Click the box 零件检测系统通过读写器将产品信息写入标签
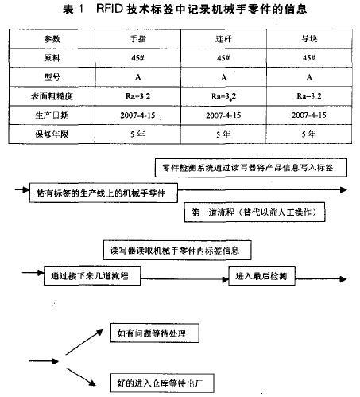pyautogui.click(x=252, y=168)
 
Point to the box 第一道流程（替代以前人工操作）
pyautogui.click(x=257, y=213)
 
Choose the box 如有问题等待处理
pyautogui.click(x=154, y=334)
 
